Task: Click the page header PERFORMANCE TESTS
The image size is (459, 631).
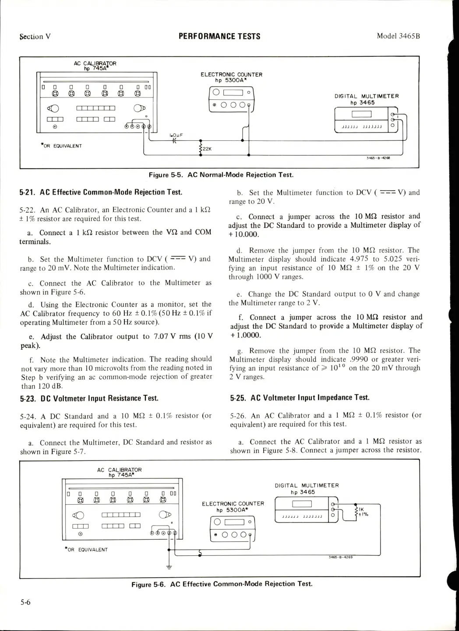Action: pos(219,36)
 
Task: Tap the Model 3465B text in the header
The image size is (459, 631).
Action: pos(398,36)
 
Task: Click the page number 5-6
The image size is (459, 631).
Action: pos(25,602)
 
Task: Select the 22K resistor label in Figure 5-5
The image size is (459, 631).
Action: pos(207,149)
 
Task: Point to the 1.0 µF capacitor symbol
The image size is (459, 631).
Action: pos(176,141)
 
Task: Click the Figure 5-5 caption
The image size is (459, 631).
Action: pos(221,175)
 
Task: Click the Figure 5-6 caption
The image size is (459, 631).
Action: pos(222,584)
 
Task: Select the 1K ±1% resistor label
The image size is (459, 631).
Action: pos(363,512)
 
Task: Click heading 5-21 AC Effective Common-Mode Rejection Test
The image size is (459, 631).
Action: pos(101,192)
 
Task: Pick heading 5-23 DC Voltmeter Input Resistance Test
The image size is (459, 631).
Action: pos(89,398)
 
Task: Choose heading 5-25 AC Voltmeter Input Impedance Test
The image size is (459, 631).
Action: pos(300,397)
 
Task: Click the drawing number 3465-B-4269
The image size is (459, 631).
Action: pos(341,557)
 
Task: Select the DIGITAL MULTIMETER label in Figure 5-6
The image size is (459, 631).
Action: pos(307,485)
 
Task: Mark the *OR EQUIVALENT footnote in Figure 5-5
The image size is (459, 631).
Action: pos(61,146)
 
